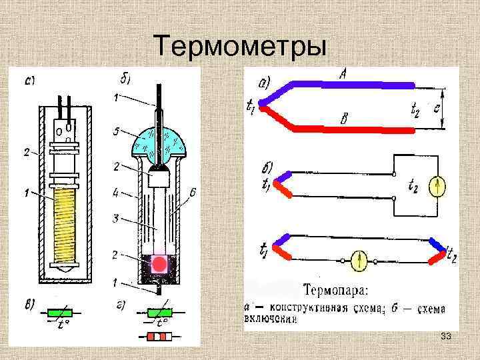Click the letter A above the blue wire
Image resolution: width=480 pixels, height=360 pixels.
pos(341,75)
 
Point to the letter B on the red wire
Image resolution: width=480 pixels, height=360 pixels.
pos(344,118)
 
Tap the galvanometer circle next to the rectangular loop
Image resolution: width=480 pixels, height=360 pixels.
pos(437,187)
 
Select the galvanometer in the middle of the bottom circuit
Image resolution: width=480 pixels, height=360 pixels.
pos(360,259)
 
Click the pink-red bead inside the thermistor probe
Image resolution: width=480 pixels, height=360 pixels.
pos(159,264)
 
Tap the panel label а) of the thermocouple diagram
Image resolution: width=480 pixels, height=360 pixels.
pos(264,83)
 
